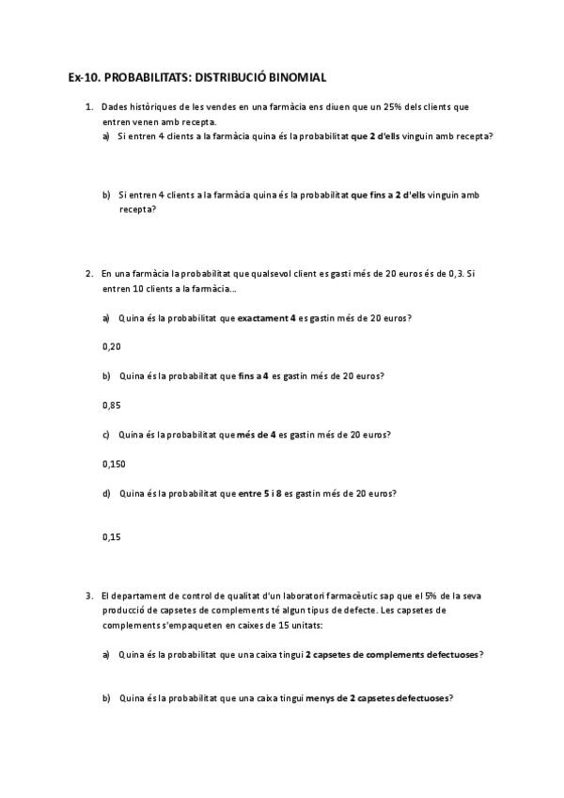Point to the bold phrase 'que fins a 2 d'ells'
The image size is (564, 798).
387,195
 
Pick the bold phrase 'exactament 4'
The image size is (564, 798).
267,317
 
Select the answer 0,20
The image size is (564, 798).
111,346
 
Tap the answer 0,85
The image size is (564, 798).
111,406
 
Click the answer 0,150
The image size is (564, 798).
113,464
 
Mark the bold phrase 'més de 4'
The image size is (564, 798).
256,435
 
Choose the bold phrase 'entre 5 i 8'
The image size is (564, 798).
260,493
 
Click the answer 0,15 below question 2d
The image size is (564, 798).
111,537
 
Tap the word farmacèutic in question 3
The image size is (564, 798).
384,596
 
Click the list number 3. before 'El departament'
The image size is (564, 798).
89,596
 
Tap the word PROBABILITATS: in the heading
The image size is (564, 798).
148,78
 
